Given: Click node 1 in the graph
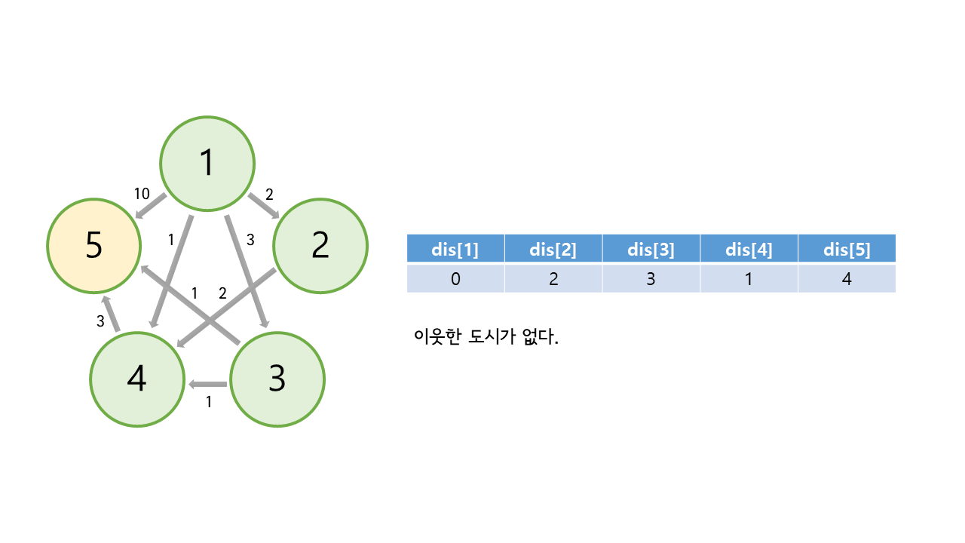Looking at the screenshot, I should [207, 163].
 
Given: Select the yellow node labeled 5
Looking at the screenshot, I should [94, 246].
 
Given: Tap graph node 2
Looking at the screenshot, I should [320, 245].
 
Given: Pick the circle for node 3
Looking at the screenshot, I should [277, 379].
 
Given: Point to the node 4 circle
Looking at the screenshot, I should [136, 379].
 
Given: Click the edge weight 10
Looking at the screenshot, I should [142, 194].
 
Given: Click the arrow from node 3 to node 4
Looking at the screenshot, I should [208, 385].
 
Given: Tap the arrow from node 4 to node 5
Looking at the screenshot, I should [112, 314].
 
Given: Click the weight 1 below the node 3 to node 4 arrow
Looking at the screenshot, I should [209, 402].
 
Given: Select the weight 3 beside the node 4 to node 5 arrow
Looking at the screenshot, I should [100, 321].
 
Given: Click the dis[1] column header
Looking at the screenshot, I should [455, 250].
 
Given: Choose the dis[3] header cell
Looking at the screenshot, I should [651, 250].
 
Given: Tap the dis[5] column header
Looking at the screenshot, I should [847, 250].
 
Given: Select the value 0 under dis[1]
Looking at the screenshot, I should [455, 279].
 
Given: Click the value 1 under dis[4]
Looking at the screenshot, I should [749, 279].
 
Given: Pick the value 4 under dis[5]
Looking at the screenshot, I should [847, 279].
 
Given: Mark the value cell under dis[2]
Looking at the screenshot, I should [553, 279].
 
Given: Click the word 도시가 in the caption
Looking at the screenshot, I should [492, 336].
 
